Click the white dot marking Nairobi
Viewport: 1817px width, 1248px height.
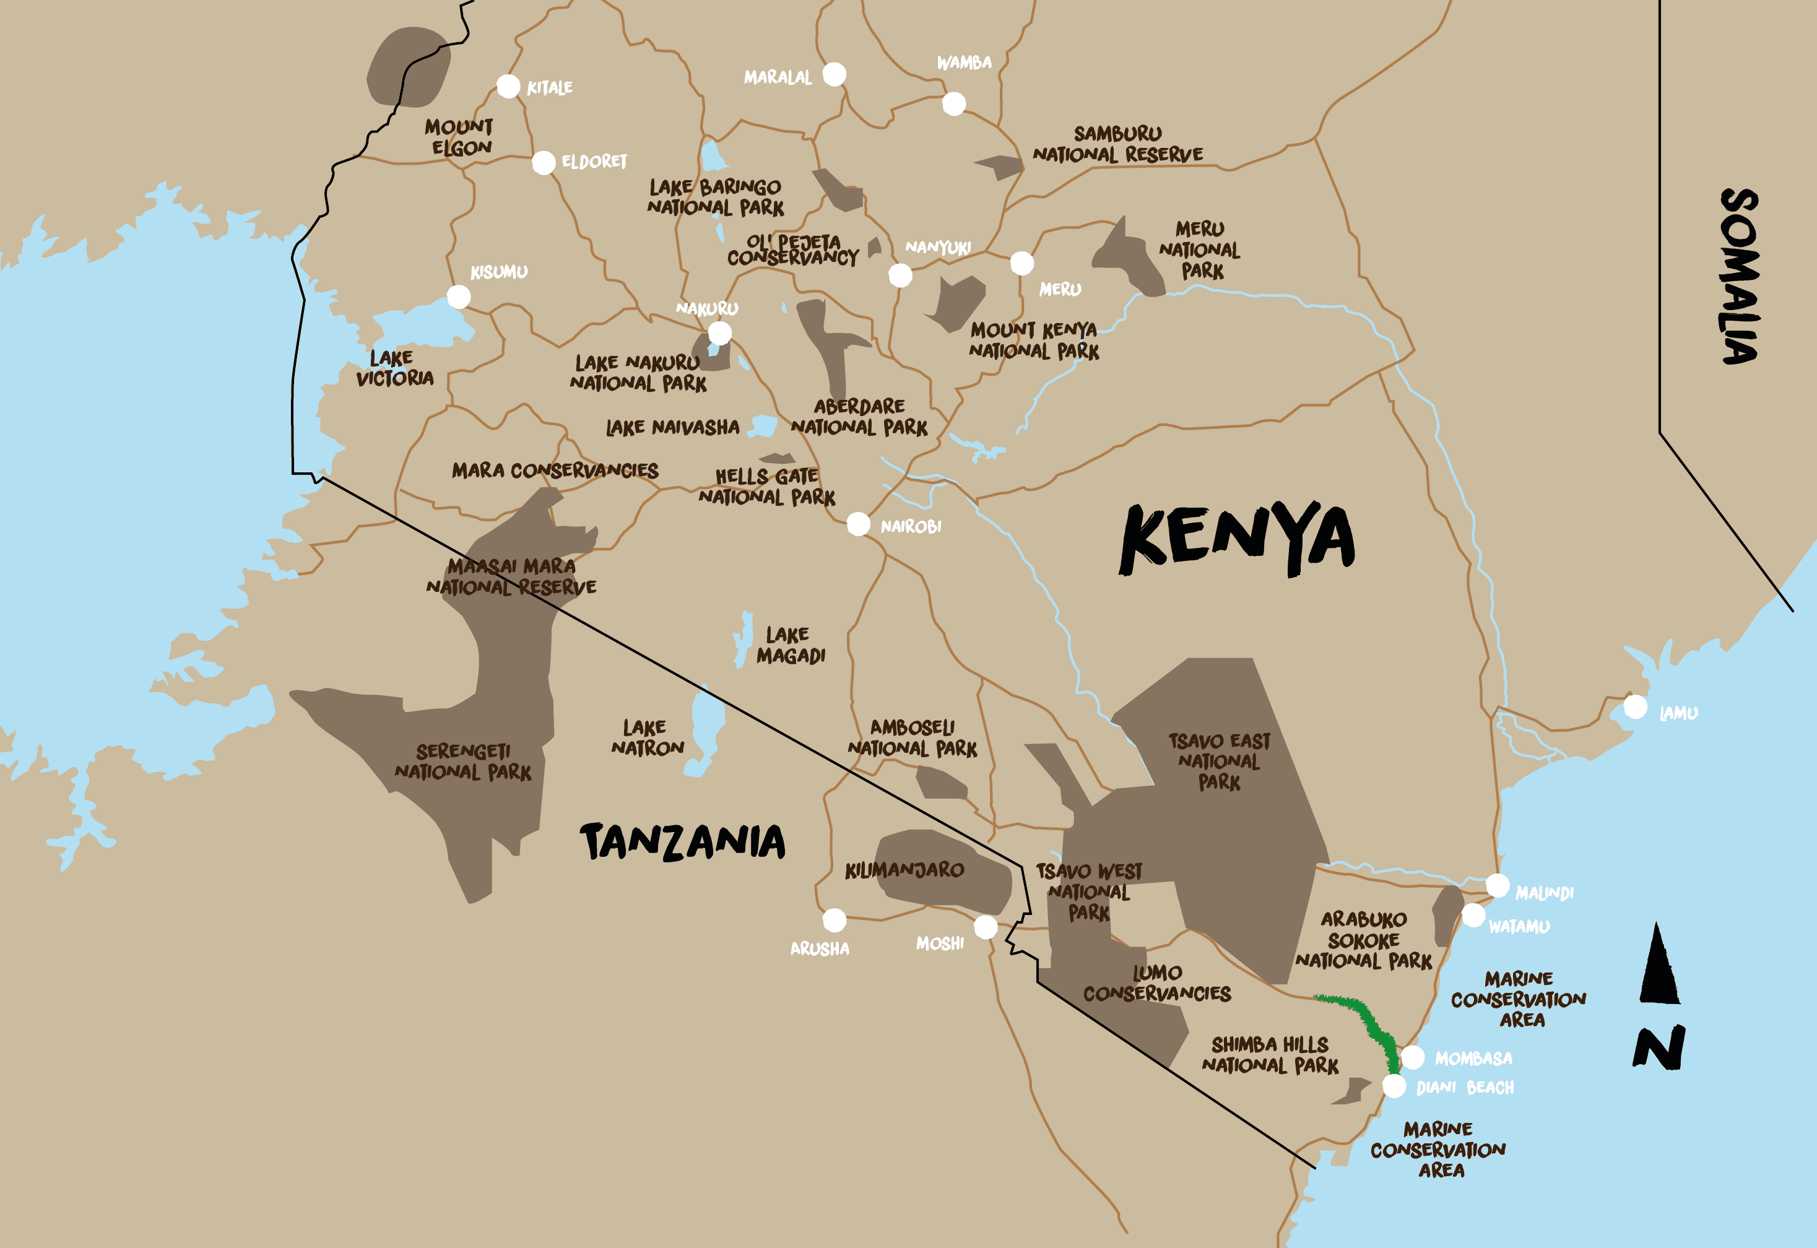click(x=857, y=523)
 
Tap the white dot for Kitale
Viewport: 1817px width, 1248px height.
click(x=508, y=86)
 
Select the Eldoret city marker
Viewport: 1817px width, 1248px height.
click(x=544, y=163)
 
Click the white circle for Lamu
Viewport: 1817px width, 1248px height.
click(x=1635, y=707)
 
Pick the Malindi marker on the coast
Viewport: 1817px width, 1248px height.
click(x=1497, y=885)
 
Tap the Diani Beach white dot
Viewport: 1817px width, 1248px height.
click(x=1394, y=1086)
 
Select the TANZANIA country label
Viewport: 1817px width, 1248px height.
click(x=683, y=842)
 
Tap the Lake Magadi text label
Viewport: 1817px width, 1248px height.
click(x=790, y=645)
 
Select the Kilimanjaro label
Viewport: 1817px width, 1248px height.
click(x=904, y=870)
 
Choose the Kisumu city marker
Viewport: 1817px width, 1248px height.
click(x=458, y=297)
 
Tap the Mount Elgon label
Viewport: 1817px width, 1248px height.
click(x=460, y=137)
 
